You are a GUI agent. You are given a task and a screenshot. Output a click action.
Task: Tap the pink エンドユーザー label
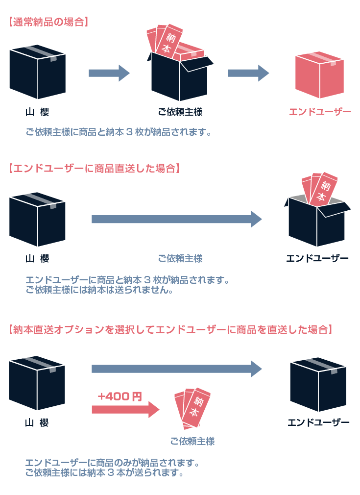point(320,112)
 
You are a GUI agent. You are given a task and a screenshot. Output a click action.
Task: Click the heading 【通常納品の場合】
point(48,22)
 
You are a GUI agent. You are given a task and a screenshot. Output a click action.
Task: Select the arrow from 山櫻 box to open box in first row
point(109,74)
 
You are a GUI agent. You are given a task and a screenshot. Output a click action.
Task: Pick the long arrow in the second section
point(176,219)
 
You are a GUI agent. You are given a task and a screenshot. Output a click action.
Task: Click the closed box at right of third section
point(318,385)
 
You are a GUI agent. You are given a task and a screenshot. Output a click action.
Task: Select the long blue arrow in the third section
point(176,369)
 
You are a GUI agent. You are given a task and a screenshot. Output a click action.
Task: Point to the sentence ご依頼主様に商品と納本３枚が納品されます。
point(119,132)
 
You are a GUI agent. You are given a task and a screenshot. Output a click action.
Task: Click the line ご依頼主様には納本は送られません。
point(99,290)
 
